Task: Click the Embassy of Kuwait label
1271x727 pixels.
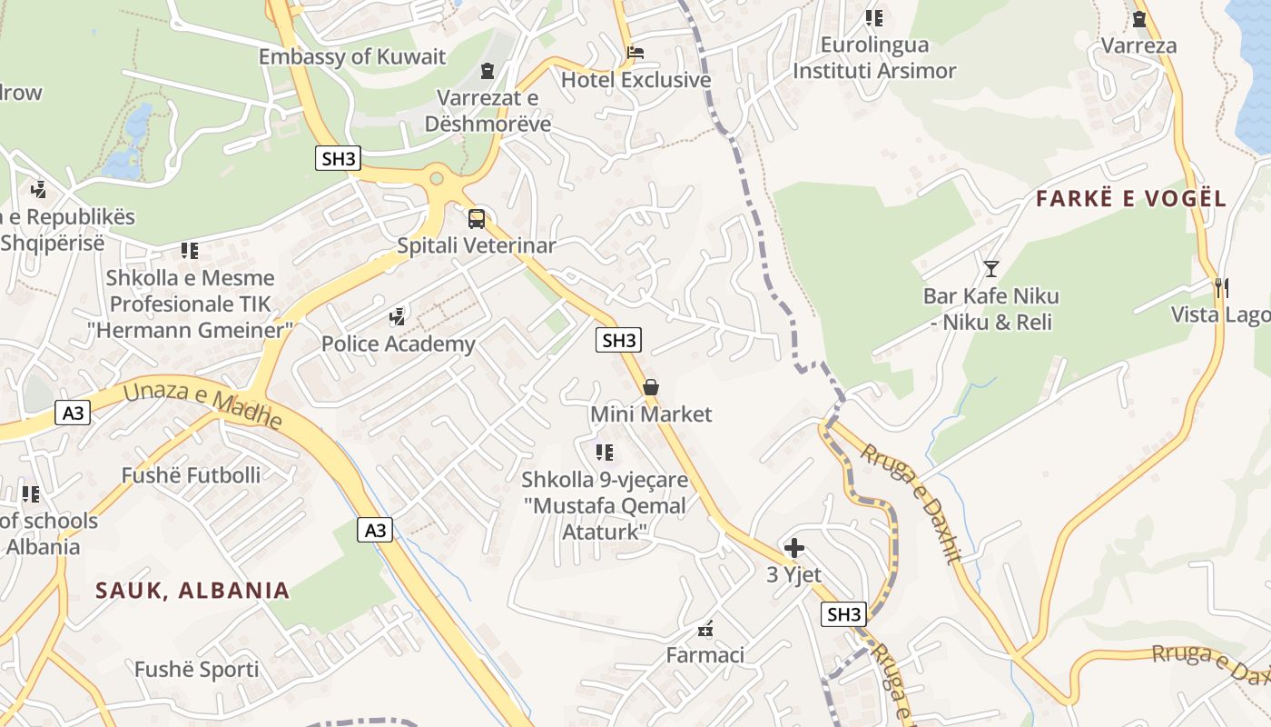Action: [x=352, y=56]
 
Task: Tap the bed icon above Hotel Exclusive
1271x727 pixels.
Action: [x=635, y=52]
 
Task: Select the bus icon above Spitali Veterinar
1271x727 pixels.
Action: [x=477, y=218]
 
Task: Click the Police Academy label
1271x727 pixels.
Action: [x=398, y=344]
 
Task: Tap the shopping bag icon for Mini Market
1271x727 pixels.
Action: [x=651, y=387]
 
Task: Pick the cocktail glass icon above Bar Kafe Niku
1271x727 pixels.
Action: [x=990, y=268]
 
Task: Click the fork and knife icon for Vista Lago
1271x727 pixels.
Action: [x=1221, y=288]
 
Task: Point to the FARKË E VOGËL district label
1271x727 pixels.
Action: [x=1131, y=199]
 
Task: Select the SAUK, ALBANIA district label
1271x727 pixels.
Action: [x=192, y=590]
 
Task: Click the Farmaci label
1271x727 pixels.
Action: [x=705, y=654]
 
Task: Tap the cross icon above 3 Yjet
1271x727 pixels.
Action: [x=793, y=547]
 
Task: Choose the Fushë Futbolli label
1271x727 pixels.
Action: [x=191, y=474]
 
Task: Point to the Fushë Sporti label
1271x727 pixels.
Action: [x=196, y=670]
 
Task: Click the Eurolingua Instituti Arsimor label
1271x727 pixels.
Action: [x=874, y=57]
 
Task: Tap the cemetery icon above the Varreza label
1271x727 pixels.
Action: [x=1139, y=18]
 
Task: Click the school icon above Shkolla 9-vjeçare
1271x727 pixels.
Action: [x=605, y=452]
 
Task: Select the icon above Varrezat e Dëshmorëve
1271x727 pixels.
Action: [x=488, y=70]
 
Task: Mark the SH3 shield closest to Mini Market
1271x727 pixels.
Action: [x=619, y=341]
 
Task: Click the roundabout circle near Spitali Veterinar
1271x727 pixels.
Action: [x=437, y=179]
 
